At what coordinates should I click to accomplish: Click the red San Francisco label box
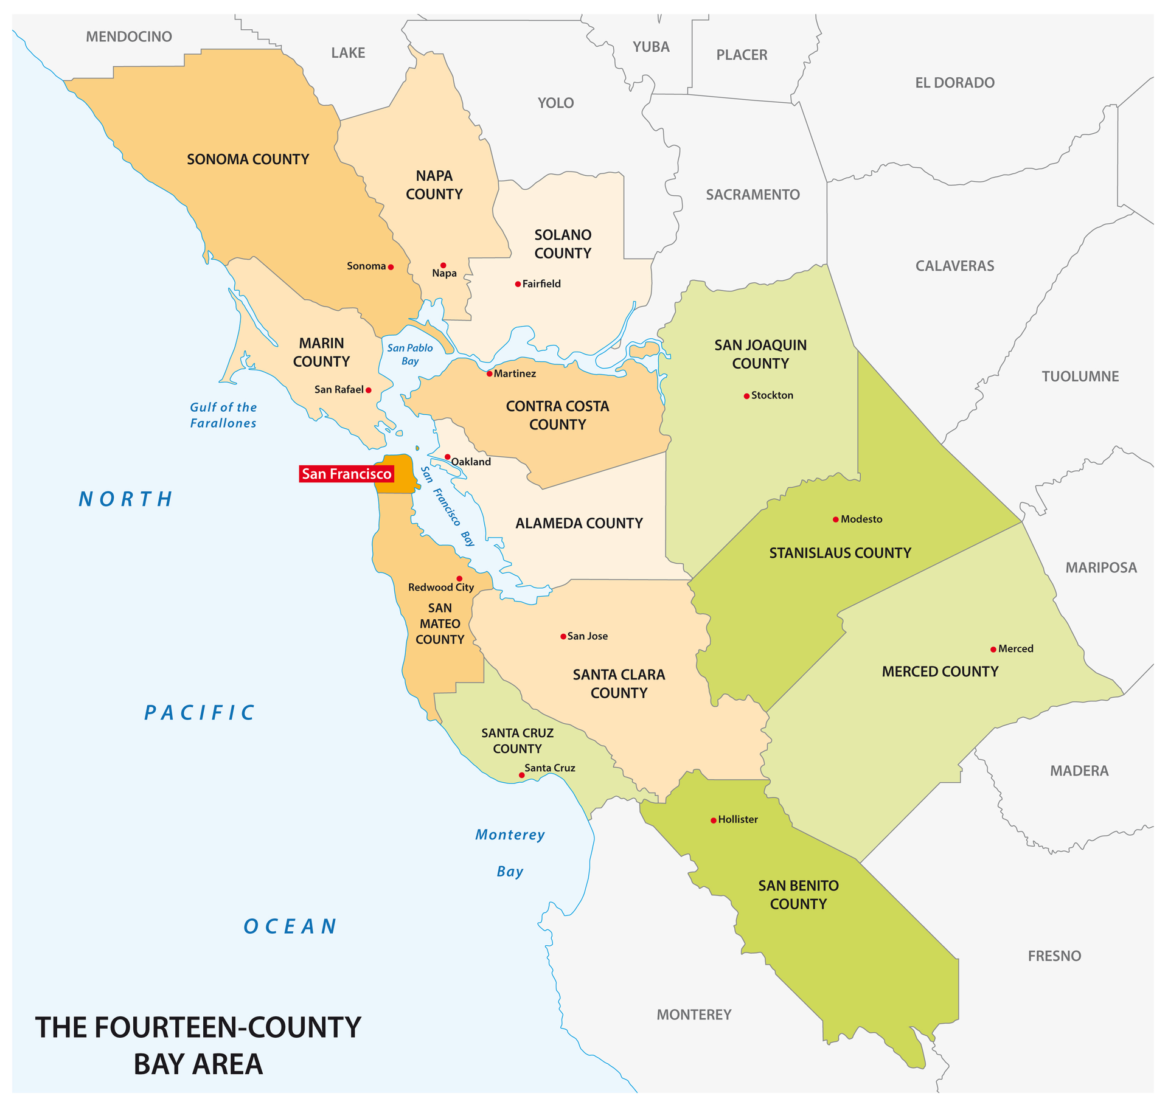(346, 474)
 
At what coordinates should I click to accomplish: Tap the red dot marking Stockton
(746, 396)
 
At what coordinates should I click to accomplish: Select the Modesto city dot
(836, 519)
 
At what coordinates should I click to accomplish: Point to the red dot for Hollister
(714, 821)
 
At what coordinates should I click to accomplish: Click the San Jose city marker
(563, 637)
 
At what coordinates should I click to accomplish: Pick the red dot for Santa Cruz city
(521, 776)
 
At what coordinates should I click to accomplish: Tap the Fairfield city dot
(518, 284)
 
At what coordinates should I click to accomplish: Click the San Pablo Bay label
(410, 355)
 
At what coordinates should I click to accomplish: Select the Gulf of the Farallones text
(223, 415)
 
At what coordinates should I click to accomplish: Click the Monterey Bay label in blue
(510, 853)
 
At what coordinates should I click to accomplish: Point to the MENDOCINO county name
(129, 36)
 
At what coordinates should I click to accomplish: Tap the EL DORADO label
(954, 83)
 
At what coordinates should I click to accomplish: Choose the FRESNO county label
(1054, 956)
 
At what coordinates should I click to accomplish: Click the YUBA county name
(651, 47)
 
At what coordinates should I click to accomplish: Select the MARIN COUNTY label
(321, 352)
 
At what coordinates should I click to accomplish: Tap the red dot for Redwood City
(459, 579)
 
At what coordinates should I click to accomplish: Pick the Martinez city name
(515, 373)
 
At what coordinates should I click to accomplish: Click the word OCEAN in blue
(290, 927)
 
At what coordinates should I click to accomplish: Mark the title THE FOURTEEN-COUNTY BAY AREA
(198, 1046)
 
